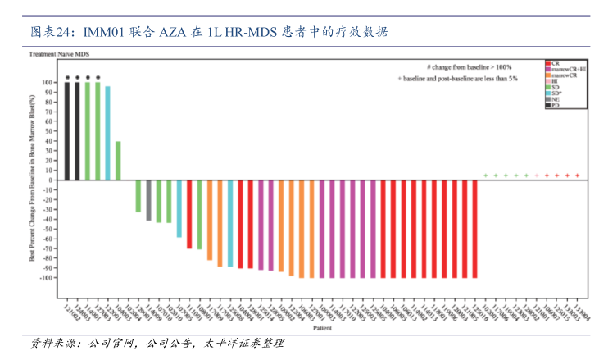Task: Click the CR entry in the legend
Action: click(x=555, y=63)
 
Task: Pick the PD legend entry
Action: click(x=555, y=106)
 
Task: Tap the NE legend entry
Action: click(x=555, y=100)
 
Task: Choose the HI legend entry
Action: click(x=555, y=82)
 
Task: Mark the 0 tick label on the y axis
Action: click(x=51, y=180)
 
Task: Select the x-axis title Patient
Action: click(x=318, y=328)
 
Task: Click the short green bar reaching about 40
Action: click(x=118, y=161)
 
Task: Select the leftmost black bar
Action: click(x=67, y=131)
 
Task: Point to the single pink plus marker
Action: click(x=537, y=175)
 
